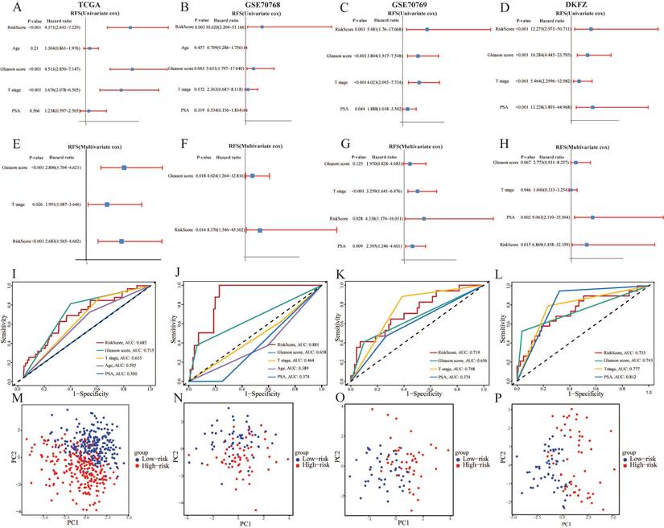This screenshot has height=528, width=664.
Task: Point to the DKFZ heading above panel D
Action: (x=584, y=6)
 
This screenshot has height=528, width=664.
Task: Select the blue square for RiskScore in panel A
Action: (x=130, y=27)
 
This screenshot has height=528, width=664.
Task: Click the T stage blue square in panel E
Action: (x=107, y=204)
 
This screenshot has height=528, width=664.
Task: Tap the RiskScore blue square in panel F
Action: (x=259, y=230)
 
